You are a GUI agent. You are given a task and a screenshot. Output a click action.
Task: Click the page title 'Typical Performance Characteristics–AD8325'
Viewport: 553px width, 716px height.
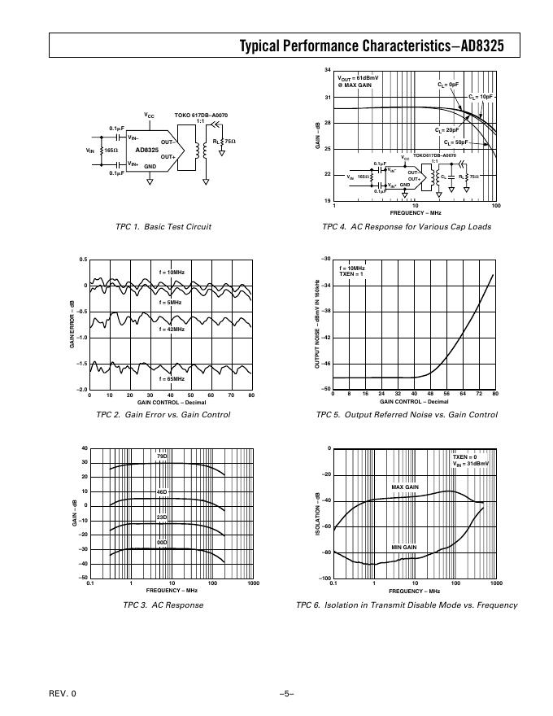372,46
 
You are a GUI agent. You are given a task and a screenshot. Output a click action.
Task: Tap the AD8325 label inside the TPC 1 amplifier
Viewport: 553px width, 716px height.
147,150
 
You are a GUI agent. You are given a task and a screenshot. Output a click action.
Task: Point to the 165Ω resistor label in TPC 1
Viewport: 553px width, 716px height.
111,151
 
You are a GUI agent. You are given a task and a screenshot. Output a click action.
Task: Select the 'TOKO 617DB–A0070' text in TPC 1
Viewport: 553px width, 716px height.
202,116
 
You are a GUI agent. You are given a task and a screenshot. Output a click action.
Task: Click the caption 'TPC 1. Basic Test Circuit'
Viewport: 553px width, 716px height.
164,226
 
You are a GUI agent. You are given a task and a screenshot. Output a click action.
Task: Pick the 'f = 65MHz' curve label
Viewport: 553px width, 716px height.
172,379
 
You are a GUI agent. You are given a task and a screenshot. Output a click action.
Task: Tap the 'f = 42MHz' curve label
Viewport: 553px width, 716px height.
172,329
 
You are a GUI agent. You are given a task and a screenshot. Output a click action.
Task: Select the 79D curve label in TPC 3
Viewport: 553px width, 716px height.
162,456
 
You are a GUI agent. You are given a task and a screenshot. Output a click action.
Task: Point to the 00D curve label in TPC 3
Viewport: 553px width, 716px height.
162,542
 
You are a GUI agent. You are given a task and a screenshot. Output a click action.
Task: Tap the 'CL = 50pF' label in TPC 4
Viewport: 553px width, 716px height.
466,142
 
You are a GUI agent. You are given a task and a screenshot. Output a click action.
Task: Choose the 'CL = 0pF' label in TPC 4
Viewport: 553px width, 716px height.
448,84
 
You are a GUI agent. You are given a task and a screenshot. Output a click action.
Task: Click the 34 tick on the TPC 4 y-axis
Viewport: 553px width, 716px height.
327,72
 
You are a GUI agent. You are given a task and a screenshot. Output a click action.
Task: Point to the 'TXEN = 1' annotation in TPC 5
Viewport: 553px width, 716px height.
351,274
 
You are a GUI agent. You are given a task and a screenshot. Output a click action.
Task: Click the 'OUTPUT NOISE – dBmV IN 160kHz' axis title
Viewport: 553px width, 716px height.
316,324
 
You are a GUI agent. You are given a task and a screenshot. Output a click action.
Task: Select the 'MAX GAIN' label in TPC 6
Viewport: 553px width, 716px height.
404,487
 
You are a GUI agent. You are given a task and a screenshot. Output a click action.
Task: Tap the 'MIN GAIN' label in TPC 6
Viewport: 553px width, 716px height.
404,547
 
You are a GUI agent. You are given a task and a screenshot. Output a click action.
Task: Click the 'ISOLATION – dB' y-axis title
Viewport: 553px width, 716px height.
316,513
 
